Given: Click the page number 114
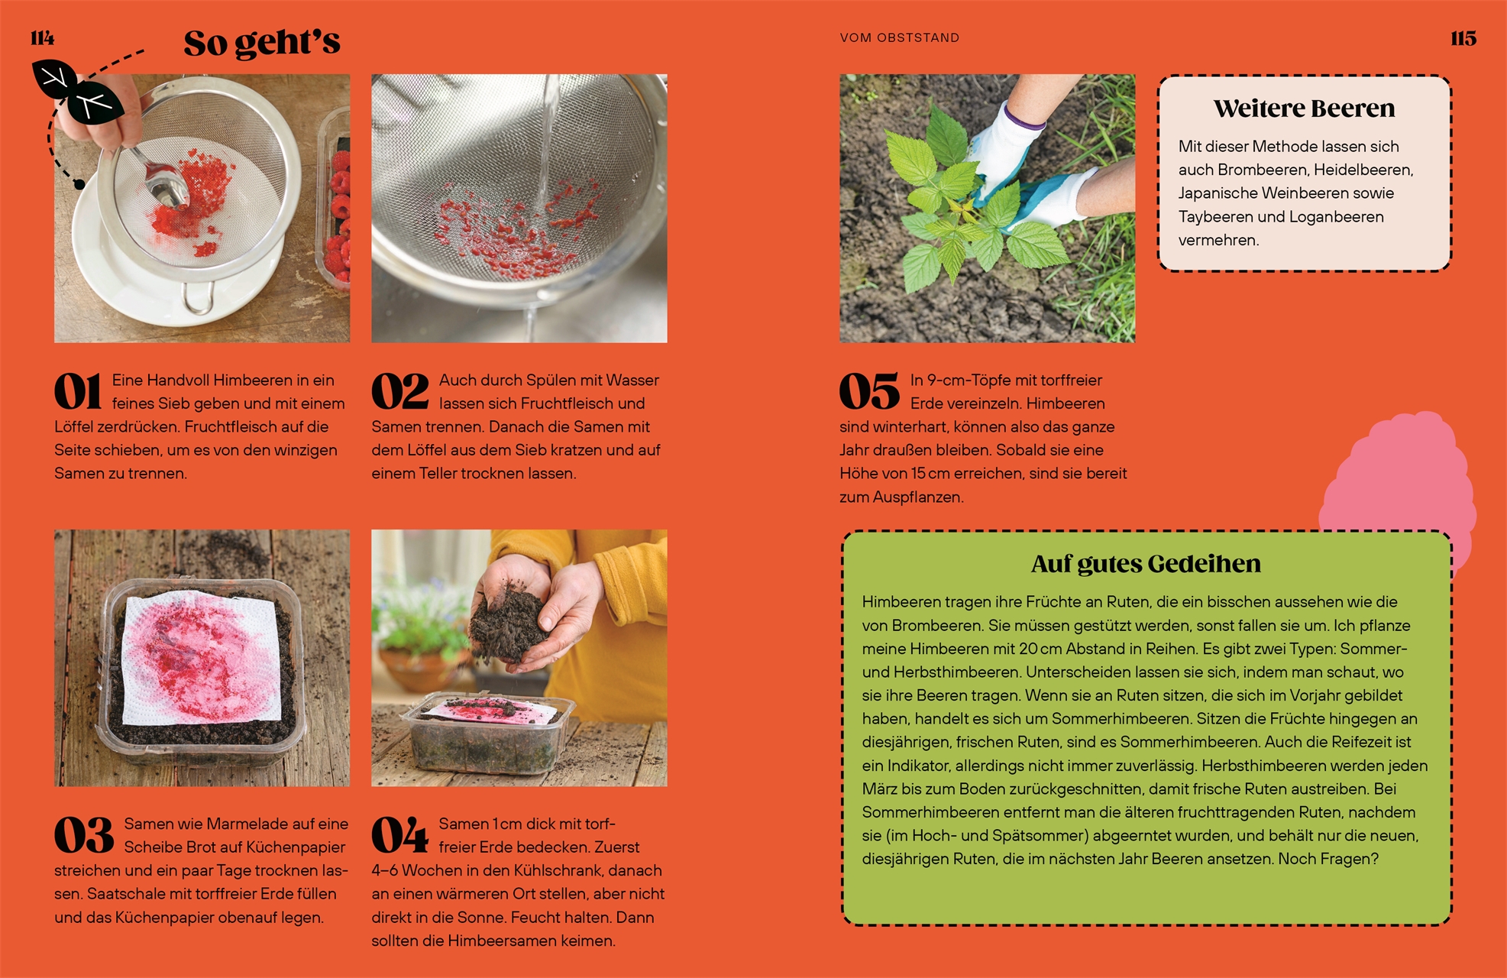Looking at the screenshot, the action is click(43, 38).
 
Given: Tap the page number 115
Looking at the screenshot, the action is click(1463, 38).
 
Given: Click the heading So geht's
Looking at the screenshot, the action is click(262, 43).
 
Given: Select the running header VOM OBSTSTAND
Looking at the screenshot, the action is click(899, 37).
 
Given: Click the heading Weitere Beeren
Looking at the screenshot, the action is click(1304, 108).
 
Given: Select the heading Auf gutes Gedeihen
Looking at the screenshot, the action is click(1146, 564).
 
